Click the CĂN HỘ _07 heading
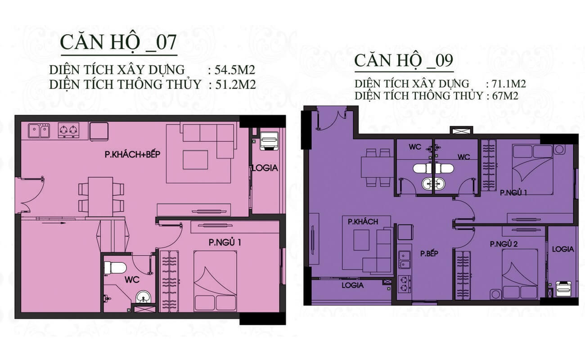(118, 43)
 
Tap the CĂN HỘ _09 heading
(404, 61)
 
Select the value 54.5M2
(235, 70)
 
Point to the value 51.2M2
(235, 85)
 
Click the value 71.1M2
(509, 84)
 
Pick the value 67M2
(505, 96)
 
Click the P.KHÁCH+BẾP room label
(132, 154)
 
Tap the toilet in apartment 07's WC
(116, 268)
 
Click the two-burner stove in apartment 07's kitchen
(68, 130)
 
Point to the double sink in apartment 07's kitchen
(39, 130)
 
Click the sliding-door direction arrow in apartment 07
(54, 223)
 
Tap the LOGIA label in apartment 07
(265, 168)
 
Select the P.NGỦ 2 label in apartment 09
(504, 244)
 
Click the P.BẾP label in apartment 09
(429, 253)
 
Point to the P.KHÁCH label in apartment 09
(363, 222)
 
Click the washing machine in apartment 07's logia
(269, 141)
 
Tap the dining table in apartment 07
(100, 197)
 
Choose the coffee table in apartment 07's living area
(195, 160)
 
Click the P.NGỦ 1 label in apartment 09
(513, 193)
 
